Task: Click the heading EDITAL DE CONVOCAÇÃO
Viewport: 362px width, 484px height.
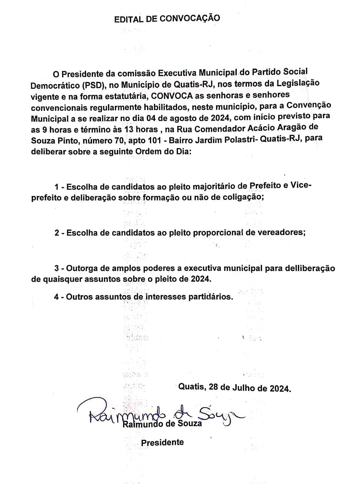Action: pyautogui.click(x=167, y=18)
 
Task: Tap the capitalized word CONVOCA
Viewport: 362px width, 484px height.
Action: pyautogui.click(x=171, y=95)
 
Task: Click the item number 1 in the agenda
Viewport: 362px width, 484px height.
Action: pyautogui.click(x=57, y=187)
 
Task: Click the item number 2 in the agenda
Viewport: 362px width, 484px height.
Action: pyautogui.click(x=57, y=233)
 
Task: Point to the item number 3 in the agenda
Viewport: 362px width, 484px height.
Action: pyautogui.click(x=57, y=268)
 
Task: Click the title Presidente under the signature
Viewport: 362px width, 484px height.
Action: pyautogui.click(x=162, y=442)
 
